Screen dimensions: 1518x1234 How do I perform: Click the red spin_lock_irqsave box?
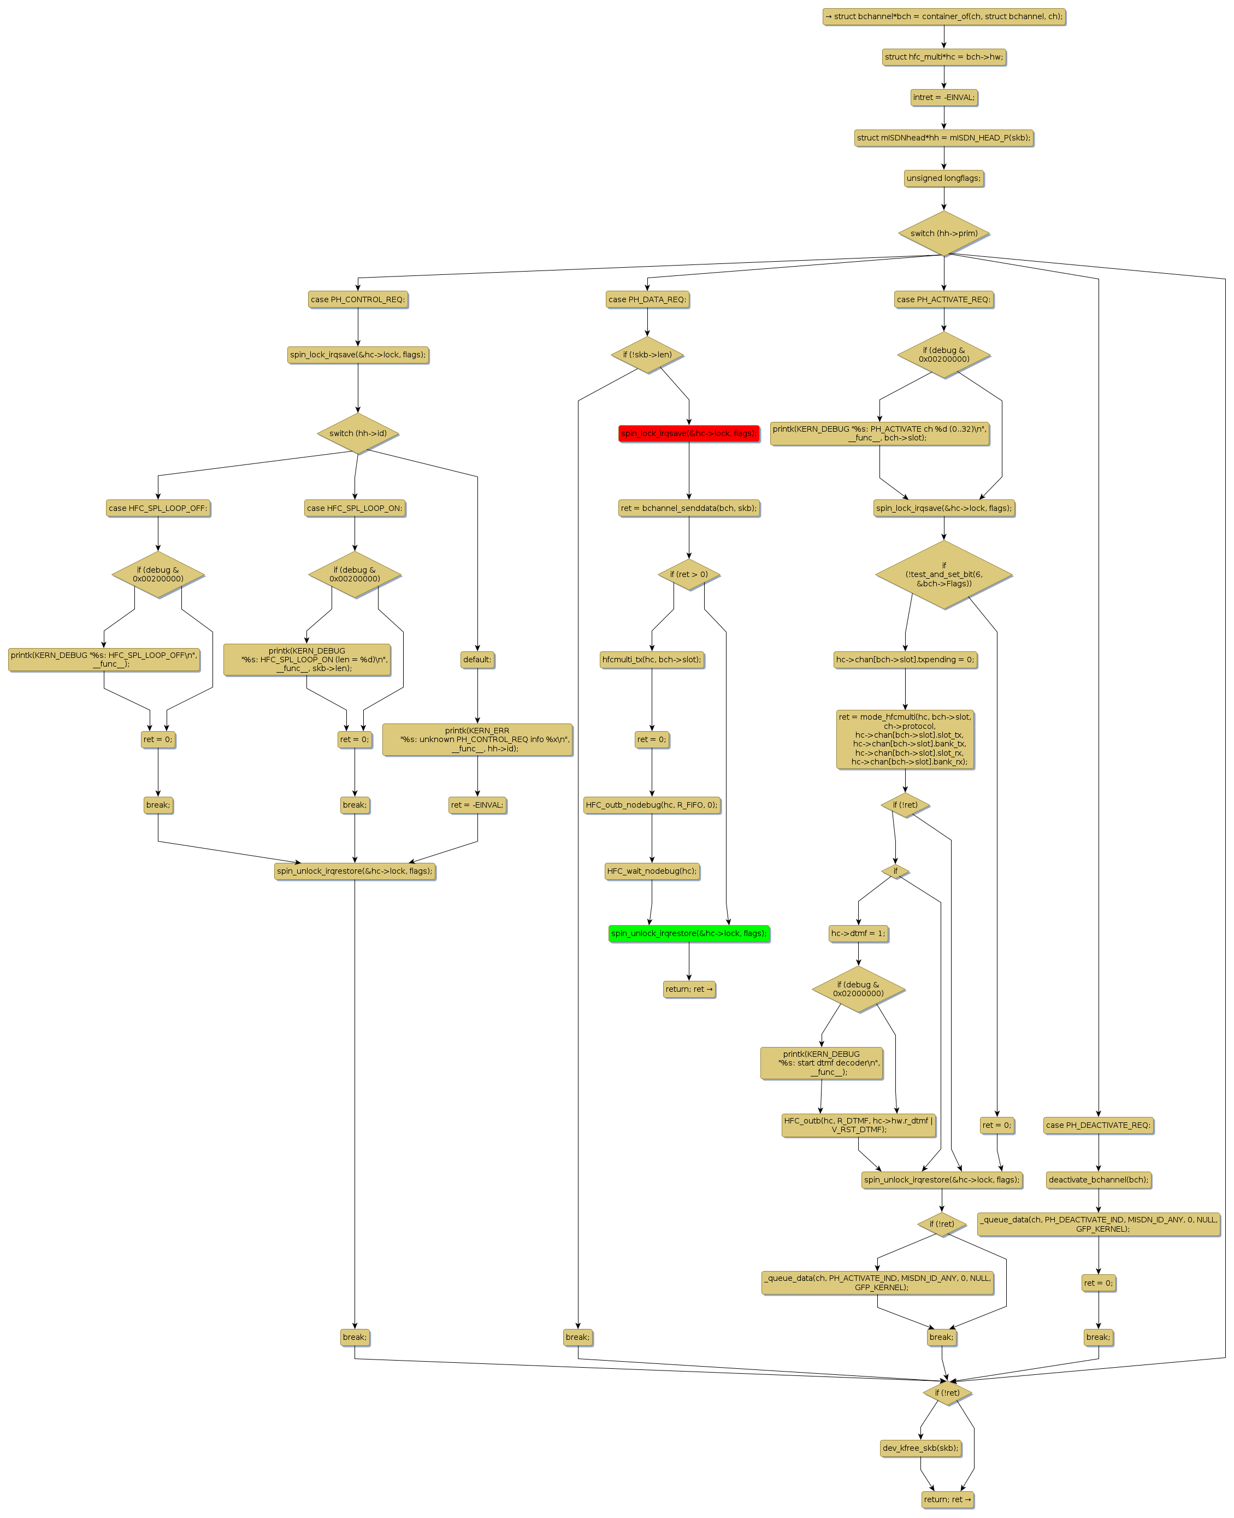point(688,433)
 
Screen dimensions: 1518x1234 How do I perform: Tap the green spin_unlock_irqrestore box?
point(688,933)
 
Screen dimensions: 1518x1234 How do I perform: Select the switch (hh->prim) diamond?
point(943,233)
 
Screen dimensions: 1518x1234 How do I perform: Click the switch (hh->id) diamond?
point(358,433)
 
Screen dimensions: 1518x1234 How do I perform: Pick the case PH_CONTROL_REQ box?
point(358,299)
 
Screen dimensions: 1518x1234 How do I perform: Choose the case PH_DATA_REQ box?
point(647,299)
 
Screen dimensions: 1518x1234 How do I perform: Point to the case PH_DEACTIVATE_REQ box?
point(1097,1125)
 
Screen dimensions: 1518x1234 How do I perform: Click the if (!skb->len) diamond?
point(647,355)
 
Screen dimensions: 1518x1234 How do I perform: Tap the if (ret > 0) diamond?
point(688,574)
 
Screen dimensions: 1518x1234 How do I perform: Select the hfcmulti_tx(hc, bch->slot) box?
point(651,659)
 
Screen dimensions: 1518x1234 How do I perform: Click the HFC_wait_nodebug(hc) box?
point(651,871)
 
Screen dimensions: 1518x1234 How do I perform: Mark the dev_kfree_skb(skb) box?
point(920,1448)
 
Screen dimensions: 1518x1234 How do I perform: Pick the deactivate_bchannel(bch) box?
point(1097,1180)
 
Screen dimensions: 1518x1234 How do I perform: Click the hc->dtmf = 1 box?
point(858,933)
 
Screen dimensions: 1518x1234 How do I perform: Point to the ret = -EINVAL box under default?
point(477,805)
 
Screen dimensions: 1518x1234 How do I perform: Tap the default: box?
point(477,659)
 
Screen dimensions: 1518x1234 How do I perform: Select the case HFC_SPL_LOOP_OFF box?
point(158,508)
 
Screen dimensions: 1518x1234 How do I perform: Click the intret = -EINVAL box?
point(943,97)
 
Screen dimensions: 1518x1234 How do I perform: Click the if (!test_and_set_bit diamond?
point(943,574)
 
